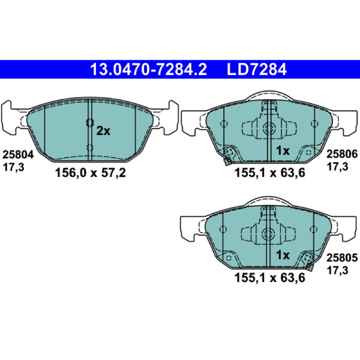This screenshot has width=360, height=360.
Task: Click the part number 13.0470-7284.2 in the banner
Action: point(148,69)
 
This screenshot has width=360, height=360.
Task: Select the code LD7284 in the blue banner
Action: point(256,69)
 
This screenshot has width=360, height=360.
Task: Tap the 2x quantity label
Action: point(103,131)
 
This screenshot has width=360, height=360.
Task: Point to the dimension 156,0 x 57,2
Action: point(90,173)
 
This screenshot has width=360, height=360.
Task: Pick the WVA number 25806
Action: point(342,154)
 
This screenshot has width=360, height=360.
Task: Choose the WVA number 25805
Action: point(342,258)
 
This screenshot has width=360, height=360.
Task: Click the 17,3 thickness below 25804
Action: point(13,167)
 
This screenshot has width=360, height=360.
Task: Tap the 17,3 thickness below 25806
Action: point(337,166)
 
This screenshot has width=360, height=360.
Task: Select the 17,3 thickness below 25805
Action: point(337,270)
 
